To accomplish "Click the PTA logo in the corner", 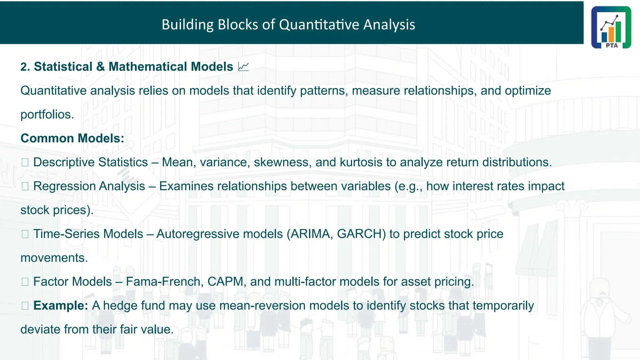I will click(611, 27).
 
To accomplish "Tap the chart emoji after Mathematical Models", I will click(243, 67).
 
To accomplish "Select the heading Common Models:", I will click(72, 138).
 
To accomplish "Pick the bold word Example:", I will click(61, 305).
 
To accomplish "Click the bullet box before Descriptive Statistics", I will click(25, 162).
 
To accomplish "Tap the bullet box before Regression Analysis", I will click(25, 187).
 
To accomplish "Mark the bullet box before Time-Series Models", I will click(25, 234).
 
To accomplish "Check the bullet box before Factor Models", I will click(25, 282).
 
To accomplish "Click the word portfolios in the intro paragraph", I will click(47, 114).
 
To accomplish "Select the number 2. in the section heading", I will click(25, 67).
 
